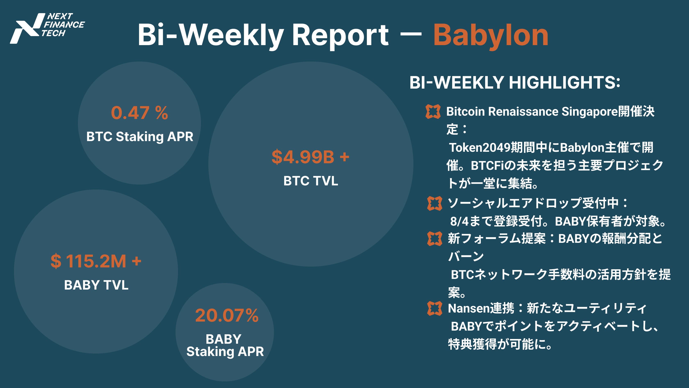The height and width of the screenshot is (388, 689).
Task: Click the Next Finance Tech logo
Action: click(47, 28)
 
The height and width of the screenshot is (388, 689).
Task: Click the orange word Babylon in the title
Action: click(491, 36)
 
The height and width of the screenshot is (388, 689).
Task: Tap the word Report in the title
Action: click(340, 36)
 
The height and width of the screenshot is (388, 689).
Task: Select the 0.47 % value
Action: click(139, 113)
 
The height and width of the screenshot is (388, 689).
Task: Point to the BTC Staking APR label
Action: click(140, 137)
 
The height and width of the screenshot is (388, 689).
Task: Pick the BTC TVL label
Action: click(310, 181)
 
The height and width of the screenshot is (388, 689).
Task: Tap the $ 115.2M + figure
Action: click(96, 261)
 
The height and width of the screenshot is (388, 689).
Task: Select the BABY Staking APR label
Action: click(225, 345)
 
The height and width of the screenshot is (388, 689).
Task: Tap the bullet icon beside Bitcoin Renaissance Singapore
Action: click(433, 112)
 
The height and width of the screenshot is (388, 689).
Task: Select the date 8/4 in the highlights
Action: click(459, 221)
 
